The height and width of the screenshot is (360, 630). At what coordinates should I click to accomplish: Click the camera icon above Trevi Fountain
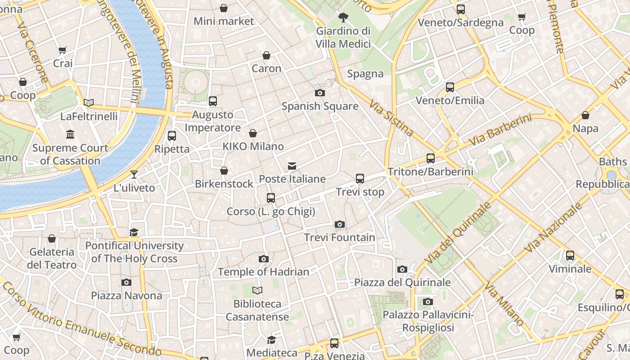click(x=340, y=224)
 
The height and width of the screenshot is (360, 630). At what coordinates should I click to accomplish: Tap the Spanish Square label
click(x=320, y=106)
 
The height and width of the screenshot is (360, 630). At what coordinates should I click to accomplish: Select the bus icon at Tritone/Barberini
click(x=431, y=158)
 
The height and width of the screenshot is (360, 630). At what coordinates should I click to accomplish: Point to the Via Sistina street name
click(x=391, y=118)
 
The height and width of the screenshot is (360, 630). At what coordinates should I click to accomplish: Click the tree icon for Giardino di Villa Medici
click(x=343, y=18)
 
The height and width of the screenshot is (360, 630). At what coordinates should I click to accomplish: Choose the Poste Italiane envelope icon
click(x=292, y=166)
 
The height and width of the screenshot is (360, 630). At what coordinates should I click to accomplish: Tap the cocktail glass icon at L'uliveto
click(x=134, y=175)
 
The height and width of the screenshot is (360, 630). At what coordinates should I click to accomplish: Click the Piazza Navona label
click(x=126, y=296)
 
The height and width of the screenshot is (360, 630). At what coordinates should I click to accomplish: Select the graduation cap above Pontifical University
click(x=134, y=233)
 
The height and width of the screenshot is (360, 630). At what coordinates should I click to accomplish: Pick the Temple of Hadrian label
click(x=264, y=272)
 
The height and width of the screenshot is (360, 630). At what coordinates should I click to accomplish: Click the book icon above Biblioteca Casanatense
click(x=257, y=291)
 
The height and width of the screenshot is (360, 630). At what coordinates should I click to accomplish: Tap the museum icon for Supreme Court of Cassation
click(x=70, y=135)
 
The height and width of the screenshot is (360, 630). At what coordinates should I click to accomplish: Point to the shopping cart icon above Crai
click(x=63, y=50)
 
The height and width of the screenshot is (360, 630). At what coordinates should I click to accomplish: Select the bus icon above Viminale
click(x=570, y=256)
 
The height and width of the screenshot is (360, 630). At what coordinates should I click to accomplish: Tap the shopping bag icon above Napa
click(x=585, y=116)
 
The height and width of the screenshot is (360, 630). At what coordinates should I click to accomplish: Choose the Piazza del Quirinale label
click(x=402, y=282)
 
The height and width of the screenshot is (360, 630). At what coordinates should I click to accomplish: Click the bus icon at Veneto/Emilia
click(x=450, y=87)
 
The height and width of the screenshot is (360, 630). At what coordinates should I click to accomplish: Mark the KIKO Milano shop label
click(x=253, y=146)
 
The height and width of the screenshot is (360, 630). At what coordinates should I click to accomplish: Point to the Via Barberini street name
click(x=499, y=130)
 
